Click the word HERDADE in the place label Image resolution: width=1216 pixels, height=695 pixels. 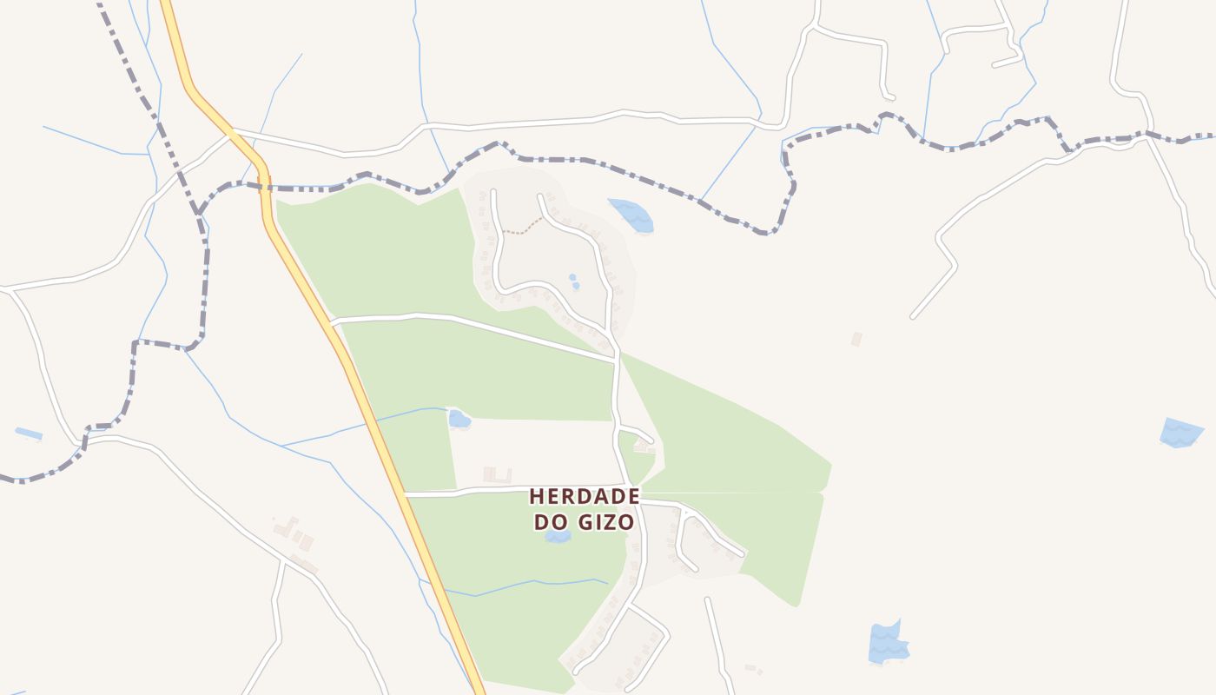pos(585,496)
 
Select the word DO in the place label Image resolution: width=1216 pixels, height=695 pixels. pos(549,522)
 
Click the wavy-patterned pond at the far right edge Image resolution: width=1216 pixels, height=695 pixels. pos(1181,432)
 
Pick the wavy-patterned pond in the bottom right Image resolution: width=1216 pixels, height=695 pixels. pos(887,644)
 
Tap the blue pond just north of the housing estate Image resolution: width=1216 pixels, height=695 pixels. pos(631,215)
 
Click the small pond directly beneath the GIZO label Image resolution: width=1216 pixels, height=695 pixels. pos(558,537)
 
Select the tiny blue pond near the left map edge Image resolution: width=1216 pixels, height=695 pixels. pos(29,433)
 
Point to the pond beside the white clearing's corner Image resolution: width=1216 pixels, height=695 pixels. pos(459,420)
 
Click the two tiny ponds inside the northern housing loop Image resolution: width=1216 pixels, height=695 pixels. pos(573,281)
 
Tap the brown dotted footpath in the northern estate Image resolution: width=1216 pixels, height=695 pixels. pos(523,229)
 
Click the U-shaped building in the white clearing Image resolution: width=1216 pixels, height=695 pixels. pos(497,474)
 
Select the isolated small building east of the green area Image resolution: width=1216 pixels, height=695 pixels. pos(856,339)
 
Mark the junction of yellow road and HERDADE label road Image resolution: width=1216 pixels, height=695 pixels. pos(406,494)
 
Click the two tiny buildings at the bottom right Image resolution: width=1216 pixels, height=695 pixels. pos(753,669)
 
